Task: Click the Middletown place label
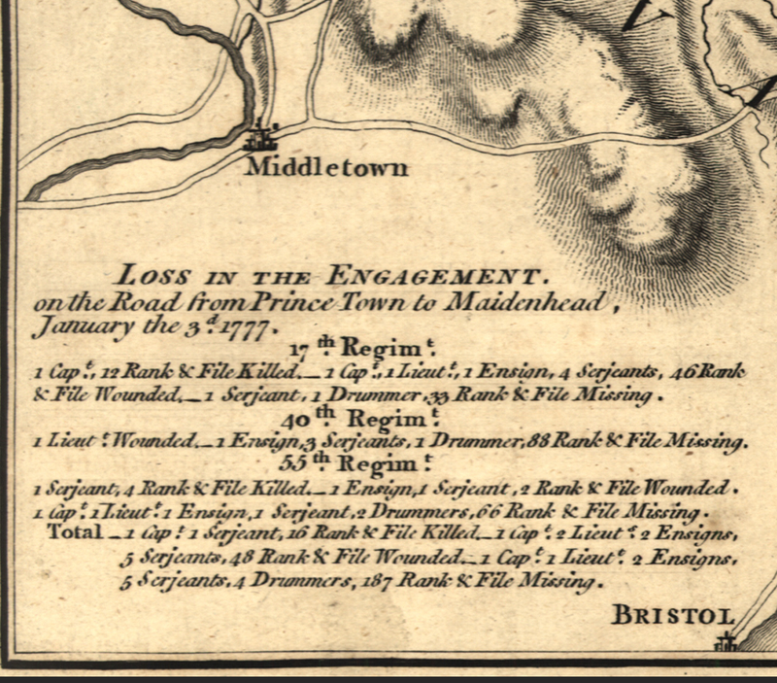tap(326, 166)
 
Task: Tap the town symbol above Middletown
tap(262, 137)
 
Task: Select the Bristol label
tap(672, 615)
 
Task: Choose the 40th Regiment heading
tap(359, 420)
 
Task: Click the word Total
tap(74, 533)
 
